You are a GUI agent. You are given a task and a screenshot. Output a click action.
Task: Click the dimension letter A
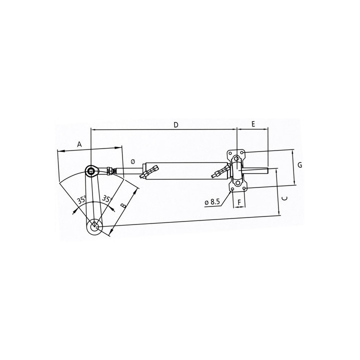click(79, 144)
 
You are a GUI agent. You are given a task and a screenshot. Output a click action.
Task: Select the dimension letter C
click(283, 198)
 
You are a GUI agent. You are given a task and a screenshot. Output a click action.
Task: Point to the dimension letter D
click(176, 124)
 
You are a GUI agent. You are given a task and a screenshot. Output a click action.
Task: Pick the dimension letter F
click(239, 202)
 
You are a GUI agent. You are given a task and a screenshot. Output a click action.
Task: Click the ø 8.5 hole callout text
click(212, 201)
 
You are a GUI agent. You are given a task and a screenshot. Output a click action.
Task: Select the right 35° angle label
click(106, 199)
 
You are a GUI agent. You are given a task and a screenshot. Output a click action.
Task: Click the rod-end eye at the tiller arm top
click(91, 171)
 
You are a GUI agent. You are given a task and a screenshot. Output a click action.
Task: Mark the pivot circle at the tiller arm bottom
click(94, 227)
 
